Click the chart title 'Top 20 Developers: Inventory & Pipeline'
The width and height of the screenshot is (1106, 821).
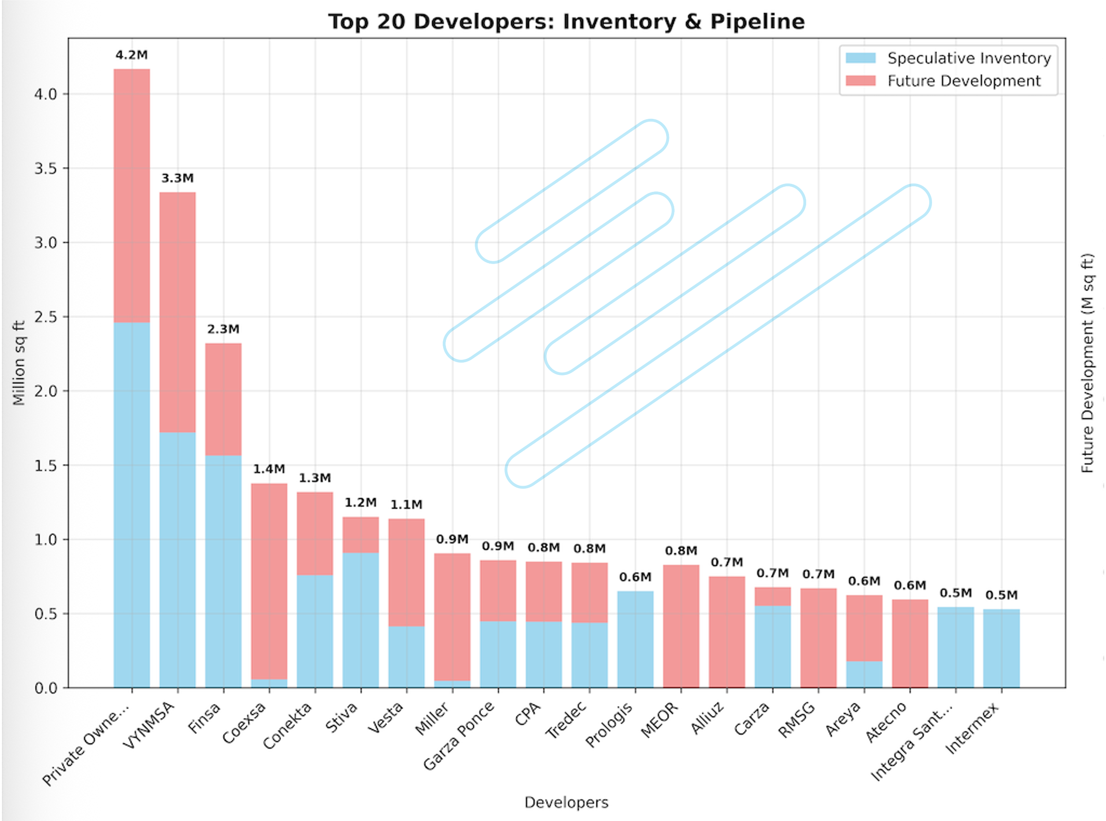click(x=566, y=22)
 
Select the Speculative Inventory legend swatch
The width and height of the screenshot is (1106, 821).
click(x=860, y=58)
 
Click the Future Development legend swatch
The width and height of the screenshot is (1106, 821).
click(x=860, y=81)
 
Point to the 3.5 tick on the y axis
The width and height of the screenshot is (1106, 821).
click(x=45, y=168)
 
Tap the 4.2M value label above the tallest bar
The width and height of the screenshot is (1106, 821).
click(x=132, y=55)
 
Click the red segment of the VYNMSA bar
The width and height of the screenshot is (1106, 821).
click(x=177, y=312)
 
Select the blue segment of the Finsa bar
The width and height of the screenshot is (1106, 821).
click(x=223, y=572)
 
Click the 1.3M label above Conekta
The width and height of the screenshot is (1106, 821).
click(x=315, y=478)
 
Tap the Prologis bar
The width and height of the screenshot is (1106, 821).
click(x=636, y=639)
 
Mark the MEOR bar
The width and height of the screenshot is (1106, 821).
click(x=681, y=626)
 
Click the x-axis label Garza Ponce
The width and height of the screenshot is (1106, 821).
click(x=460, y=736)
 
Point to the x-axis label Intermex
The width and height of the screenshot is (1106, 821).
click(x=972, y=729)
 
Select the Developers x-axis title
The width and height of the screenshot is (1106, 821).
click(x=566, y=803)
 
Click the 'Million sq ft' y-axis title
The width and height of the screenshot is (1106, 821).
click(x=19, y=363)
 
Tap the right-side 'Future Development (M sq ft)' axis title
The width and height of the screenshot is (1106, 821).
click(x=1088, y=363)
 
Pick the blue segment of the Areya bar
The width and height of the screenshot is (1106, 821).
click(x=865, y=674)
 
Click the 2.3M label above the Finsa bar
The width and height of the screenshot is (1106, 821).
click(x=223, y=330)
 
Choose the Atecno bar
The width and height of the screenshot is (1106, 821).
click(x=910, y=644)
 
